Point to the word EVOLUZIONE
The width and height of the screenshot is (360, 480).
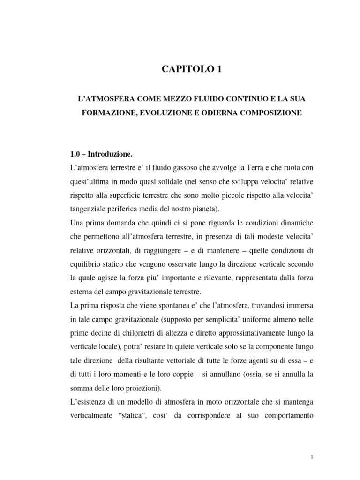pos(162,114)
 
